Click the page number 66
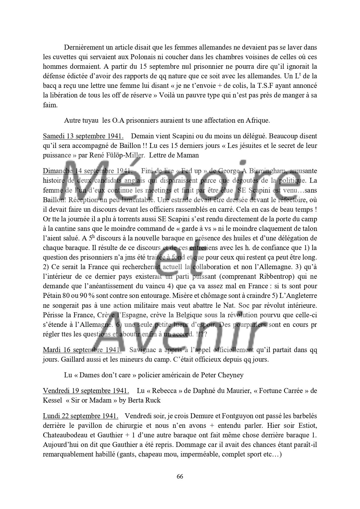[x=180, y=477]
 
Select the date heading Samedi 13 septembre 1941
[x=83, y=136]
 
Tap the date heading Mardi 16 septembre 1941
[x=82, y=350]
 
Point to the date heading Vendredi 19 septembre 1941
[x=86, y=390]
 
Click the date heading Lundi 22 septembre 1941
[x=80, y=416]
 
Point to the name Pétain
[x=52, y=296]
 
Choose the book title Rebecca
[x=164, y=390]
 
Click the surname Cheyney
[x=231, y=375]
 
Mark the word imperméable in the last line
[x=200, y=454]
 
